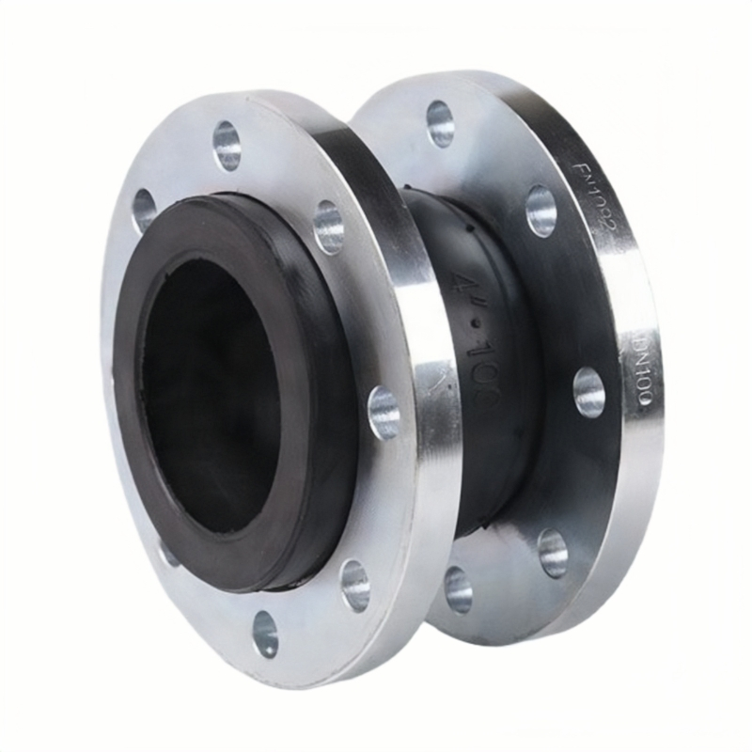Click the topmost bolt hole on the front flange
tap(227, 145)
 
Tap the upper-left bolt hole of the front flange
tap(145, 210)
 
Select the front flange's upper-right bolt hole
tap(328, 227)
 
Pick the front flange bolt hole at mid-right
tap(384, 413)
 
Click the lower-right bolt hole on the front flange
tap(355, 585)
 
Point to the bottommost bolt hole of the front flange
tap(266, 634)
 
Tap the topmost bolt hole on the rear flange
tap(440, 123)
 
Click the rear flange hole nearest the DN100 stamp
tap(589, 392)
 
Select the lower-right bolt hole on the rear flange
tap(553, 553)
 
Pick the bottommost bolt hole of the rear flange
tap(459, 589)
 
